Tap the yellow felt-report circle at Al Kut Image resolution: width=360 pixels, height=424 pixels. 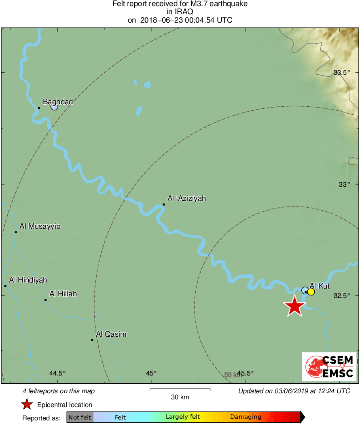[x=311, y=291]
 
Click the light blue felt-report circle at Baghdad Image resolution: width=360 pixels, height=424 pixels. [x=54, y=107]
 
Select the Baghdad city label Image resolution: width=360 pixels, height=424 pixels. [x=58, y=102]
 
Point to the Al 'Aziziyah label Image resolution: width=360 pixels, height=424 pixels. [x=187, y=198]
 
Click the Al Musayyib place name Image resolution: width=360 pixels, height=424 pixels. [x=40, y=226]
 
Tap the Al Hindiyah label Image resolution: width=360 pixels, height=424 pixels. [x=28, y=280]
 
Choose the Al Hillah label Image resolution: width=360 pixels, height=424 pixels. [x=63, y=293]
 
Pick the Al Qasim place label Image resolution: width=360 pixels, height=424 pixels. [x=111, y=334]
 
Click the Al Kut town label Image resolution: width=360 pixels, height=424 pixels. [x=320, y=286]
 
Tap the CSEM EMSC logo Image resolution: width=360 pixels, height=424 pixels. [x=329, y=367]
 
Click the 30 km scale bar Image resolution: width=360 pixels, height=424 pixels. [x=180, y=389]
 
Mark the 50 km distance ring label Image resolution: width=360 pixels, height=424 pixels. [x=233, y=375]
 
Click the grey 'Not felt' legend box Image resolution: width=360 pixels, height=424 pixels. [x=80, y=417]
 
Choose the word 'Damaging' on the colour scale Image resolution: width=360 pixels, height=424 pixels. [x=246, y=417]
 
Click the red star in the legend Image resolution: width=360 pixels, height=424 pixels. [x=27, y=405]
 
